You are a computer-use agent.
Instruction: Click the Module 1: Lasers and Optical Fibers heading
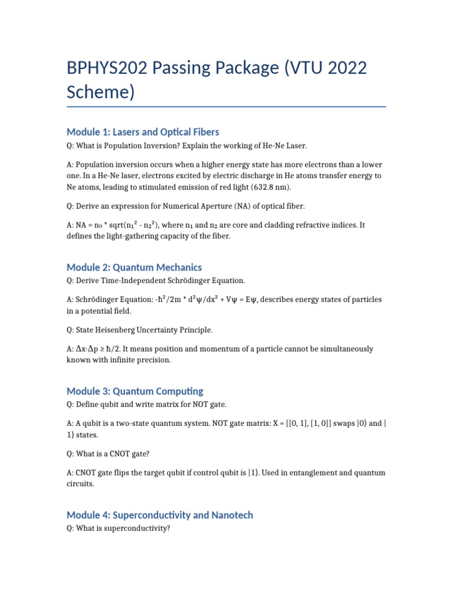143,132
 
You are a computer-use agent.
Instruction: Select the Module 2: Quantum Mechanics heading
134,267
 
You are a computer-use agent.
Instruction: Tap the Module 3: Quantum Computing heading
134,391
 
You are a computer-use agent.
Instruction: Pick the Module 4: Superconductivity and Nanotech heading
160,515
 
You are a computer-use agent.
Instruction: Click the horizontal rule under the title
226,107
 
